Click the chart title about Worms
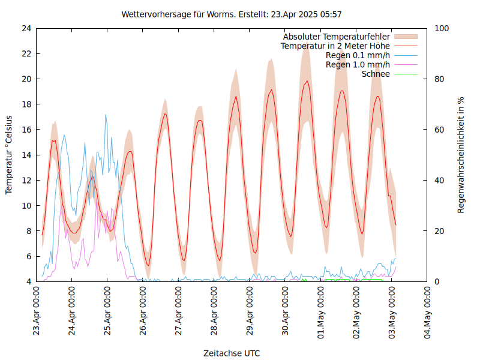tap(232, 14)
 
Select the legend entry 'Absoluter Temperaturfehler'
tap(336, 37)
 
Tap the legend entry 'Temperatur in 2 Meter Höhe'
tap(335, 46)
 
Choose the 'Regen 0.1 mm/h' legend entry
tap(358, 55)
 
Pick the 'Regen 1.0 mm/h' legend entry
tap(358, 65)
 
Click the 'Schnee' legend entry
tap(376, 74)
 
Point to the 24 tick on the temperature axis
tap(26, 28)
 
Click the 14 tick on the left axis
tap(26, 155)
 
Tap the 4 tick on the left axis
tap(28, 281)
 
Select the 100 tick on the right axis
tap(442, 28)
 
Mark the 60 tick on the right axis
tap(440, 130)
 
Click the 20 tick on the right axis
tap(440, 231)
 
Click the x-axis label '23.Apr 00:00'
tap(37, 311)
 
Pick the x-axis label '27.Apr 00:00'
tap(179, 311)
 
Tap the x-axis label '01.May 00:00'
tap(321, 311)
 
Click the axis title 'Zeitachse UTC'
tap(232, 353)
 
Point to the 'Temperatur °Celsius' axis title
tap(9, 155)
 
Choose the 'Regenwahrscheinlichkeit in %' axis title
tap(461, 155)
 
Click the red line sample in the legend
tap(406, 46)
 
